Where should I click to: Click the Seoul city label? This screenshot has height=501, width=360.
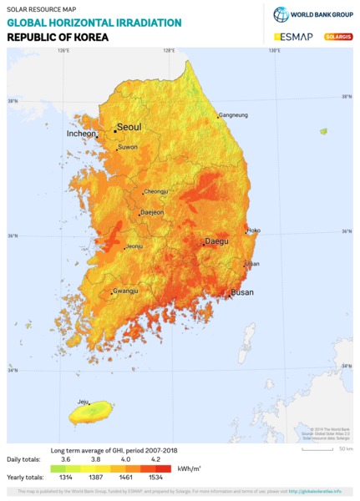[x=129, y=127]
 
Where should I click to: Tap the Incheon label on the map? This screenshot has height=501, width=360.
[x=81, y=134]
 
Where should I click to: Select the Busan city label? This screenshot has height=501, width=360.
[x=242, y=293]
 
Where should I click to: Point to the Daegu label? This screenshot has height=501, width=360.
[x=216, y=241]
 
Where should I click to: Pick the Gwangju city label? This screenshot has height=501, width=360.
[x=125, y=291]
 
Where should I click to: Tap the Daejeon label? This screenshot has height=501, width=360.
[x=151, y=213]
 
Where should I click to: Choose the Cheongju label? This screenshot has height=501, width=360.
[x=156, y=191]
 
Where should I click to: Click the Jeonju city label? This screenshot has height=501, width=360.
[x=135, y=246]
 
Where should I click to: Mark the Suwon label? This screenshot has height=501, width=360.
[x=128, y=147]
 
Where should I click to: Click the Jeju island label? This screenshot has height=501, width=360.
[x=83, y=402]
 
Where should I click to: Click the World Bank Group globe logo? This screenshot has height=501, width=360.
[x=281, y=14]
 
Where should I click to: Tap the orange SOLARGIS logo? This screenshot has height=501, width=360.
[x=338, y=37]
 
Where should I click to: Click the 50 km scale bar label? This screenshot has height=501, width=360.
[x=345, y=449]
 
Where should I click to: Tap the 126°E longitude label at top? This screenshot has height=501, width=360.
[x=63, y=51]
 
